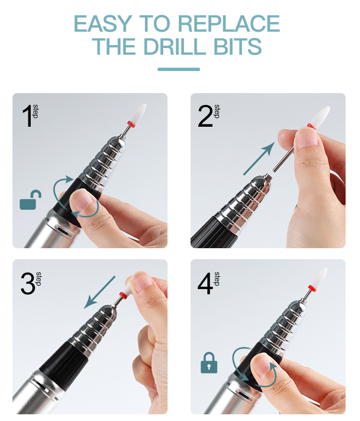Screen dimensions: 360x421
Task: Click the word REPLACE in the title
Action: point(229,24)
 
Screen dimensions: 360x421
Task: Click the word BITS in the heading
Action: point(237,47)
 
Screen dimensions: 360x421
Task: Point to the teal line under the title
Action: point(179,69)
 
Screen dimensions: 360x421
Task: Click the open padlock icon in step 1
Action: point(30,200)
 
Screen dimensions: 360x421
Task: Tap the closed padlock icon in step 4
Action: point(209,362)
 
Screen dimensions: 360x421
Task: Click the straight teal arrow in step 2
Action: point(259,159)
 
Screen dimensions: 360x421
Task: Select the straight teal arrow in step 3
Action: point(99,292)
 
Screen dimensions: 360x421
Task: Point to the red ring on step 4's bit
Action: point(312,288)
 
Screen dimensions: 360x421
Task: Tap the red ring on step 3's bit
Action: point(123,295)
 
